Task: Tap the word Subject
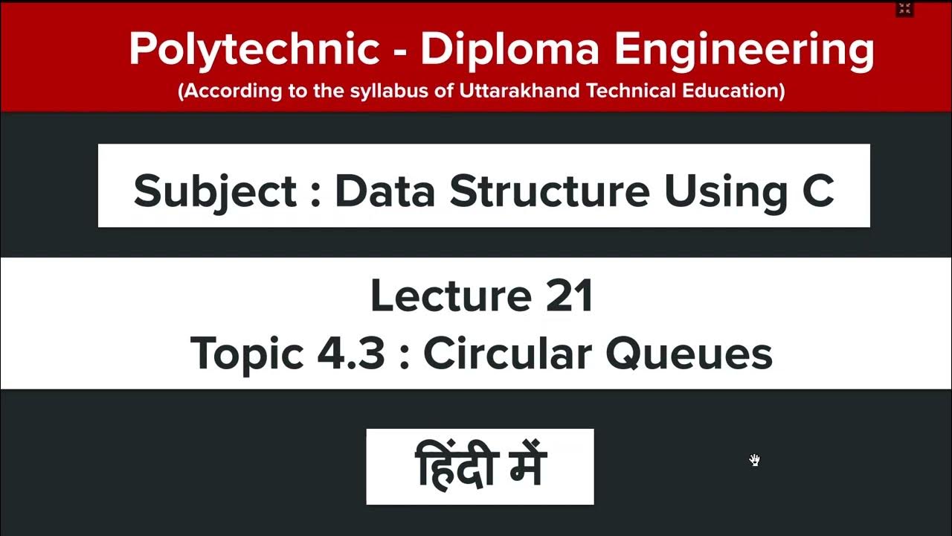(x=215, y=191)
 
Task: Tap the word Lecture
(x=446, y=296)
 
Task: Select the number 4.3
(x=351, y=354)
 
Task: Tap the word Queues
(x=688, y=354)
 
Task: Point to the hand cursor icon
(x=755, y=460)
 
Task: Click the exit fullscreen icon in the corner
(x=904, y=9)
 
